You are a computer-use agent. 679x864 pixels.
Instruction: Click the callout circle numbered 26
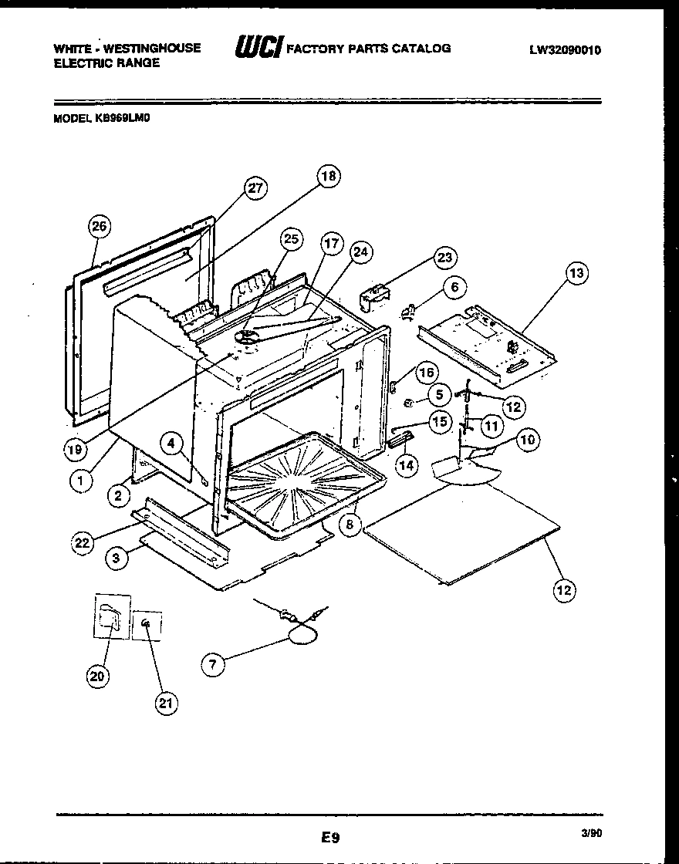pos(98,226)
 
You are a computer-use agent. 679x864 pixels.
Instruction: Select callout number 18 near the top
pos(329,177)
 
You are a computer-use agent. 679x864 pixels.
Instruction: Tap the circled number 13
pos(576,272)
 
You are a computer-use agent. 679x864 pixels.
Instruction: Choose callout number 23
pos(444,258)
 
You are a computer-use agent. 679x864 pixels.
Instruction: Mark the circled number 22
pos(83,543)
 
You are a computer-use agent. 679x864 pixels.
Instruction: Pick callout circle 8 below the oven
pos(349,525)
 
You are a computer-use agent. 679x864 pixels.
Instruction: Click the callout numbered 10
pos(528,440)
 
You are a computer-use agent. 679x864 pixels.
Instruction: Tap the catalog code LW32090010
pos(565,50)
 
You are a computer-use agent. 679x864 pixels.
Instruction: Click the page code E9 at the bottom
pos(329,835)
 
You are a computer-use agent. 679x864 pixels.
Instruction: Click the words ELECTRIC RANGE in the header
pos(106,63)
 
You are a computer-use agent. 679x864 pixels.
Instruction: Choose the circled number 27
pos(255,188)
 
